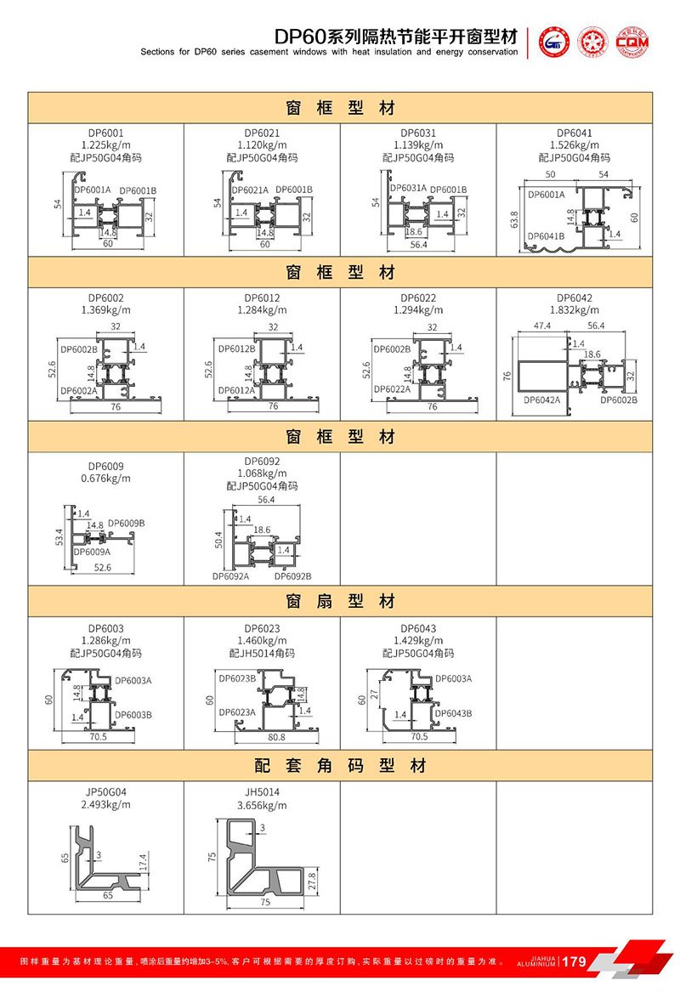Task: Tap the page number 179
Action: point(575,962)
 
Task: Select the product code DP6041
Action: point(575,133)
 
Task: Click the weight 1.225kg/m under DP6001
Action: point(105,145)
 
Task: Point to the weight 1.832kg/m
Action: point(575,310)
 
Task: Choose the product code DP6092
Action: point(262,462)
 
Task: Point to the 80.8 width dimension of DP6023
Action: point(276,737)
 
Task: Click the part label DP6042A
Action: point(541,400)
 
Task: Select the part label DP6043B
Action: point(453,713)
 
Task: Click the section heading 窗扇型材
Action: point(340,602)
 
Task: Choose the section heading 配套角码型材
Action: point(340,766)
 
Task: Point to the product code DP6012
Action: point(262,298)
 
